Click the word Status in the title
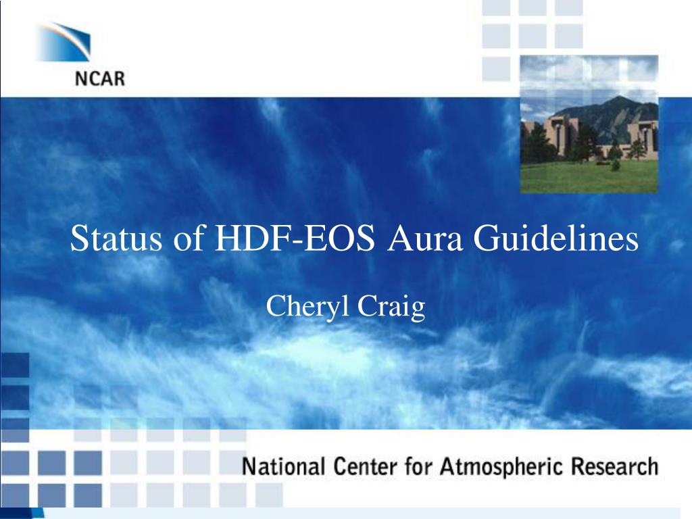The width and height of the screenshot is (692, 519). (116, 239)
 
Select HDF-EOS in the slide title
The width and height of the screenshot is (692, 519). (295, 239)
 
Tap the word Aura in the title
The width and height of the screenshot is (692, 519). (425, 239)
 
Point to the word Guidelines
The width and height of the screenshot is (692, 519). (556, 239)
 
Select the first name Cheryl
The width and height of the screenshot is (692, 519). (307, 307)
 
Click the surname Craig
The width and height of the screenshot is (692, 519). (391, 307)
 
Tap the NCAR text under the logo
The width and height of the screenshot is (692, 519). (100, 79)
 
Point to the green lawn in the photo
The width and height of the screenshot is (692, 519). (589, 176)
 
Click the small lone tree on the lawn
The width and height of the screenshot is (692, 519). (615, 165)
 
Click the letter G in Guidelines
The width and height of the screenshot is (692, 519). (485, 239)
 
